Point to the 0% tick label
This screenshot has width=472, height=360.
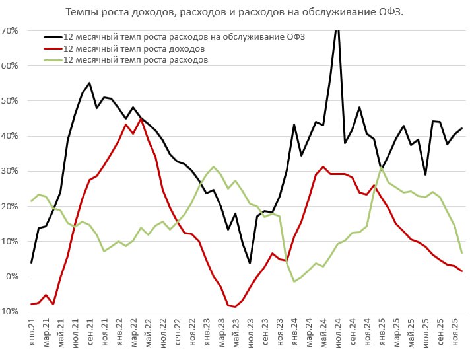click(13, 276)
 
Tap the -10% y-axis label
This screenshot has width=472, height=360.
click(10, 311)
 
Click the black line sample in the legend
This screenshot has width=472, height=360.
click(53, 38)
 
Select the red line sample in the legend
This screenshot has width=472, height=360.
click(53, 49)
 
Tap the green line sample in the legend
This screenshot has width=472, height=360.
click(53, 60)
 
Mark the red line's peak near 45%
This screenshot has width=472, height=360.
click(141, 119)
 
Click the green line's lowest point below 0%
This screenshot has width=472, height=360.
click(294, 281)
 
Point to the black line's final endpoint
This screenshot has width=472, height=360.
click(461, 128)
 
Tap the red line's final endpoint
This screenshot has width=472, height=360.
click(461, 271)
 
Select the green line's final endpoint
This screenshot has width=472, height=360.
click(461, 252)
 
